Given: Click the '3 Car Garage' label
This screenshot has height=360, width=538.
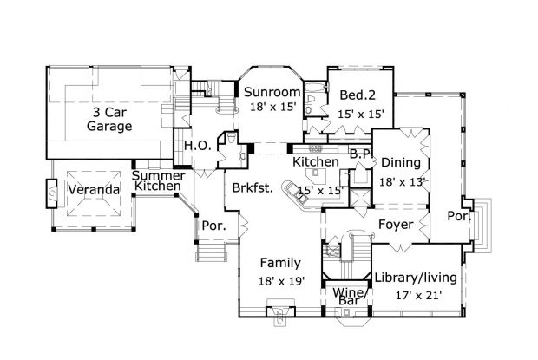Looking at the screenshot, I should pos(108,119).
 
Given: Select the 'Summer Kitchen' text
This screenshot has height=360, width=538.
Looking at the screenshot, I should pos(157,180).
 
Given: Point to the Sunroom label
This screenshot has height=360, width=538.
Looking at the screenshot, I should pos(272,92).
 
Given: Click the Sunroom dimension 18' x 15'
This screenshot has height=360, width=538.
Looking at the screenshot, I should pos(272,107).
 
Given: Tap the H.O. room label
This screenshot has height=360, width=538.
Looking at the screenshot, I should pos(194,146).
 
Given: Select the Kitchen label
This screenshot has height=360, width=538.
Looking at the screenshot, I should pos(315,162).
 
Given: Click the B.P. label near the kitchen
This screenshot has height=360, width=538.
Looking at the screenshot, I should pos(360,154).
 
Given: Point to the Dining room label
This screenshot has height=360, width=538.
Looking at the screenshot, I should pos(400,162).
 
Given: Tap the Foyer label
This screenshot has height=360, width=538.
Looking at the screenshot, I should pos(395,226).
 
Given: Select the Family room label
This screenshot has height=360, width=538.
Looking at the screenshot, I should pos(279,263).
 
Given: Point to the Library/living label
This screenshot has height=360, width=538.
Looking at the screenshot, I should pos(410,277).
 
